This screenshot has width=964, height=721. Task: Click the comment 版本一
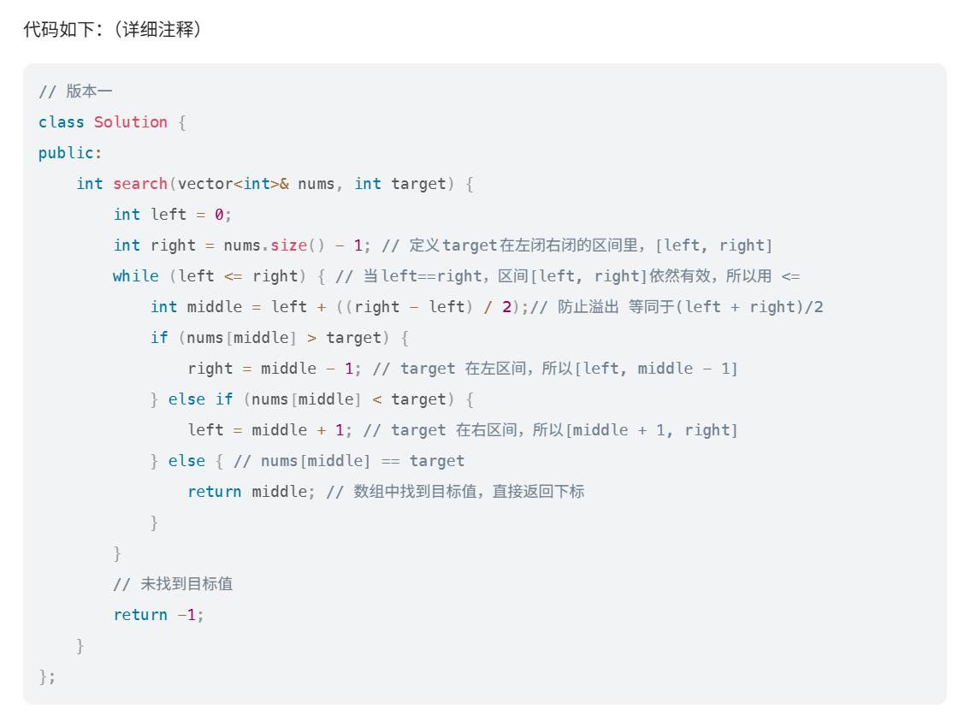coord(89,92)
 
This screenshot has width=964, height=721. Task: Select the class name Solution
coord(131,122)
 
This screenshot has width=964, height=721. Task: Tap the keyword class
coord(62,122)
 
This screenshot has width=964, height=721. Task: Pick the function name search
coord(140,184)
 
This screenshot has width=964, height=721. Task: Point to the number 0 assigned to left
coord(219,215)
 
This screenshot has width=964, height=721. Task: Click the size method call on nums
coord(288,245)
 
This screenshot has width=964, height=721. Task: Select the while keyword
coord(136,276)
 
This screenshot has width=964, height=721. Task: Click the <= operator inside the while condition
coord(233,276)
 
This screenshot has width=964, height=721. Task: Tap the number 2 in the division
coord(506,307)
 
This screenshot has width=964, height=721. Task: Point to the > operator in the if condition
coord(311,338)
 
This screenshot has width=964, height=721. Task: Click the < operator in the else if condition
coord(376,399)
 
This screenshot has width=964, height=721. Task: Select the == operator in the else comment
coord(390,461)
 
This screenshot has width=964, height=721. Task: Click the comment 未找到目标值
coord(186,584)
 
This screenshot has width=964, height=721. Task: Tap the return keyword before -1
coord(140,615)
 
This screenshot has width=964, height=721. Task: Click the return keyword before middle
coord(215,492)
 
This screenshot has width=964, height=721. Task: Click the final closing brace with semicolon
coord(47,677)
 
